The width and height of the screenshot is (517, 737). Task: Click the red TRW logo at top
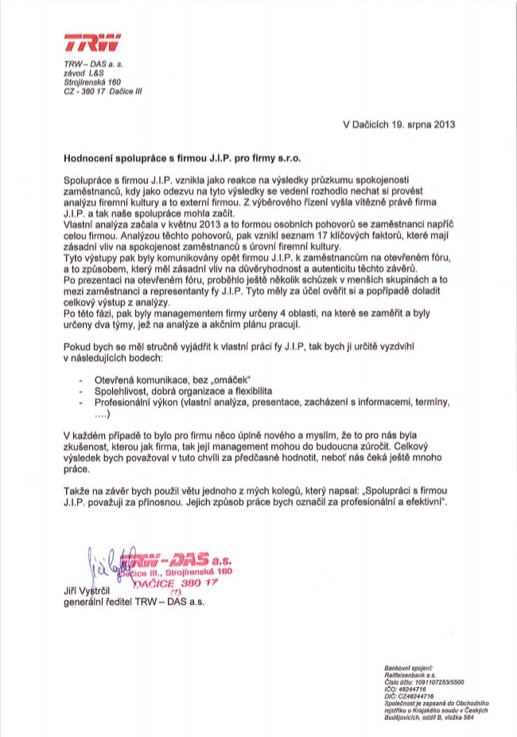tap(91, 44)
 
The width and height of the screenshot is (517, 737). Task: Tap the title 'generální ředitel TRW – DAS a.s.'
tap(134, 604)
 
